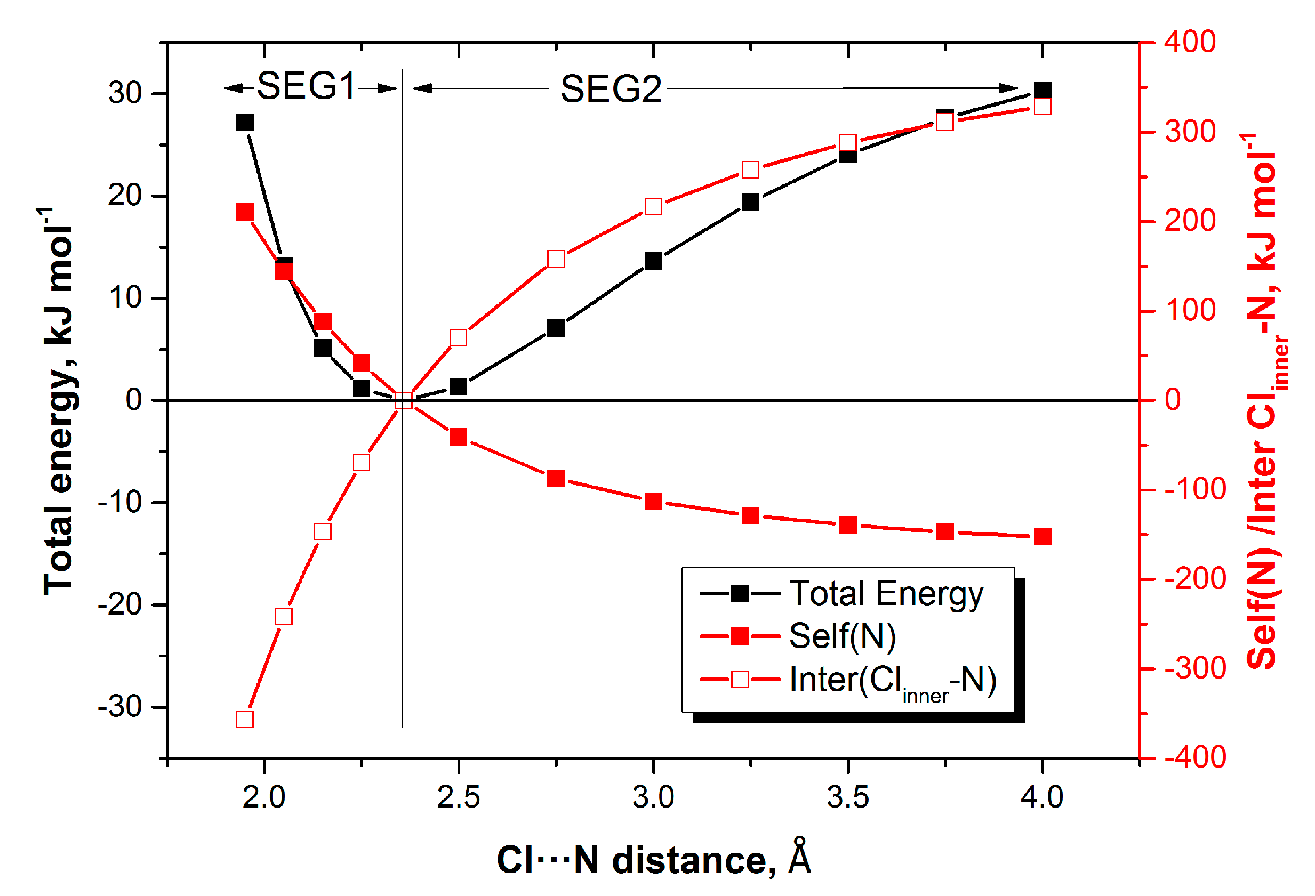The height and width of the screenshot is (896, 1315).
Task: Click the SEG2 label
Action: [x=611, y=90]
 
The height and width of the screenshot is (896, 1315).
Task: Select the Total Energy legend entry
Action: [x=886, y=594]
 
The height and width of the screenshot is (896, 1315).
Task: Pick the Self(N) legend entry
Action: [x=842, y=636]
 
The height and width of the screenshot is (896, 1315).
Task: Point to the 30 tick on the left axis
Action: [x=125, y=93]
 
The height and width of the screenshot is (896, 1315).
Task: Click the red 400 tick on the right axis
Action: [x=1189, y=42]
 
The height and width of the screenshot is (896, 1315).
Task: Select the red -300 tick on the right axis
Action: [x=1194, y=668]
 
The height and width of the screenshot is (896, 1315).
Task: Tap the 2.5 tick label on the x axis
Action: [x=458, y=797]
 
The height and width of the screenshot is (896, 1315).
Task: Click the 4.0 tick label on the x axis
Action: [x=1041, y=797]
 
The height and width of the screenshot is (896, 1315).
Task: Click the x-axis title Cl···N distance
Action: [x=654, y=860]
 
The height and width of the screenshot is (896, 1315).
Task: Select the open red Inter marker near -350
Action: [x=245, y=720]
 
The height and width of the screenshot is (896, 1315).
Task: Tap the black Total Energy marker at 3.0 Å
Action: [x=654, y=261]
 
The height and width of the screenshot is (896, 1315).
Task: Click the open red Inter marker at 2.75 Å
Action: [x=556, y=259]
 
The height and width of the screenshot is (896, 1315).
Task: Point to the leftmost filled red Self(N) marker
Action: [x=245, y=212]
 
